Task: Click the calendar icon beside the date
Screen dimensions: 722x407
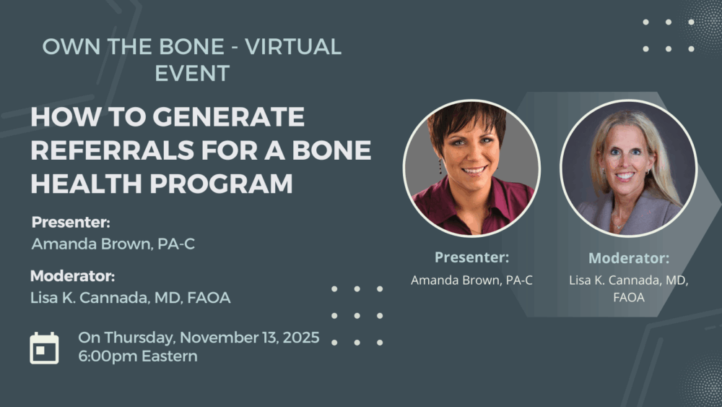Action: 44,348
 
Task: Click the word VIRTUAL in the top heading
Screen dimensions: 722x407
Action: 293,46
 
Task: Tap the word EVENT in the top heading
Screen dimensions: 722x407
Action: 192,73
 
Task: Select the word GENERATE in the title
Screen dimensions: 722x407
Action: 228,116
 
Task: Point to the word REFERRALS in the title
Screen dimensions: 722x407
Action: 112,150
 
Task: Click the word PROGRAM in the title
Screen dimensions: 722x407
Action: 221,184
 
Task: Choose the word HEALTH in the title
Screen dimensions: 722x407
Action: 87,184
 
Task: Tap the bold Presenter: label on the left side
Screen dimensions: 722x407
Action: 71,222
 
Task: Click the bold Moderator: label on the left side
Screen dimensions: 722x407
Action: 72,276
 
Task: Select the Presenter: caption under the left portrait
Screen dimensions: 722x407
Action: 472,257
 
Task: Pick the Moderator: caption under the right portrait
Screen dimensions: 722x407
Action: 629,258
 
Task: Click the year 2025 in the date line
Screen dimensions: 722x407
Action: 300,338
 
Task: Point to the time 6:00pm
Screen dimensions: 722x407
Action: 108,356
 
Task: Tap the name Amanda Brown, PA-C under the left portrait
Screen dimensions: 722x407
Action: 471,280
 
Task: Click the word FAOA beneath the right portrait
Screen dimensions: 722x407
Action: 629,297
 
